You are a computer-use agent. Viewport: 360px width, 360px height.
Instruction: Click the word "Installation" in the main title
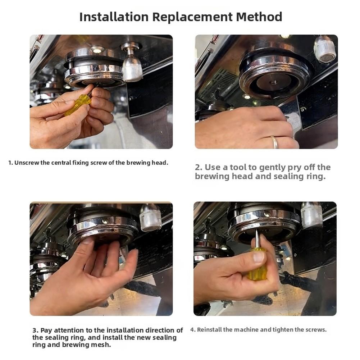[114, 17]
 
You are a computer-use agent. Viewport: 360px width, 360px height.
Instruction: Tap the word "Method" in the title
[259, 17]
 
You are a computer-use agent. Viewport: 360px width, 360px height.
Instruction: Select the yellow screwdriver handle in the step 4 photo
[257, 264]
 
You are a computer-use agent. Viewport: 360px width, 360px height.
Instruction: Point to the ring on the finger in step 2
[275, 142]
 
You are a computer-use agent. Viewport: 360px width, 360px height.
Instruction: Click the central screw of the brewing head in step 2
[273, 82]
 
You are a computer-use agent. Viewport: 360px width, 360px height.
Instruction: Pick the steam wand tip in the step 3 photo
[150, 218]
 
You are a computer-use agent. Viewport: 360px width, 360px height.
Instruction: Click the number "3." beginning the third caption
[35, 331]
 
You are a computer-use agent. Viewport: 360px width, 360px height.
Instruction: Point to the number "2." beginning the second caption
[199, 167]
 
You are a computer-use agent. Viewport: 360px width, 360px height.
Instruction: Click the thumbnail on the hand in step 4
[259, 257]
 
